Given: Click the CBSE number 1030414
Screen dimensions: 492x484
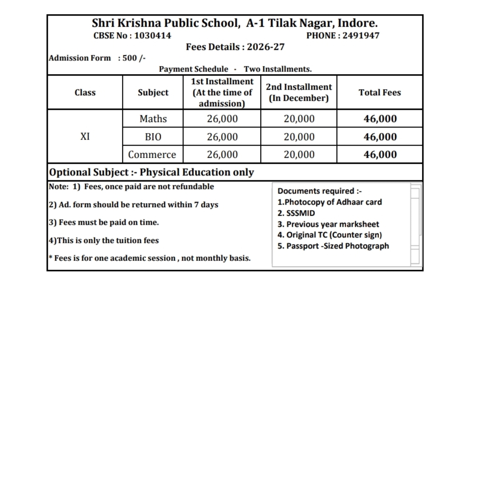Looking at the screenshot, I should [x=153, y=36].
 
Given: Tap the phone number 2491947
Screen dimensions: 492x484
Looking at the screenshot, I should [x=361, y=36].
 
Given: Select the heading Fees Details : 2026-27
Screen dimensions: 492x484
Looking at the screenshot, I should [x=235, y=47].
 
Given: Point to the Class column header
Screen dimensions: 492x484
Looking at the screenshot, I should [x=85, y=93].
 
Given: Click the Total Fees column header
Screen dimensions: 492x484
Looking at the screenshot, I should [x=380, y=93].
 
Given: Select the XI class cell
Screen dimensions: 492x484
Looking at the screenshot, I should [x=85, y=137].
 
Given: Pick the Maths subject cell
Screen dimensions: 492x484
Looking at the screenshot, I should [x=153, y=119].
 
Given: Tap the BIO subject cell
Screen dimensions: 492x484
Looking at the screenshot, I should [x=153, y=137].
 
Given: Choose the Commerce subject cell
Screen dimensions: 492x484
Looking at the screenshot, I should [x=152, y=155].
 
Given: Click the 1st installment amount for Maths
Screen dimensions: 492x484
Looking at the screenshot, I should [x=222, y=119].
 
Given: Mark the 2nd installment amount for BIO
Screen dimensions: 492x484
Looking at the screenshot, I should [x=299, y=137].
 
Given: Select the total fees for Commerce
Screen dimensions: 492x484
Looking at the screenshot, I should [x=380, y=155].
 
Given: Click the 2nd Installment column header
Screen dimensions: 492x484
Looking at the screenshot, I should [x=299, y=93].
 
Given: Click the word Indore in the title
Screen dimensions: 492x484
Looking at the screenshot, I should [x=357, y=23].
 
